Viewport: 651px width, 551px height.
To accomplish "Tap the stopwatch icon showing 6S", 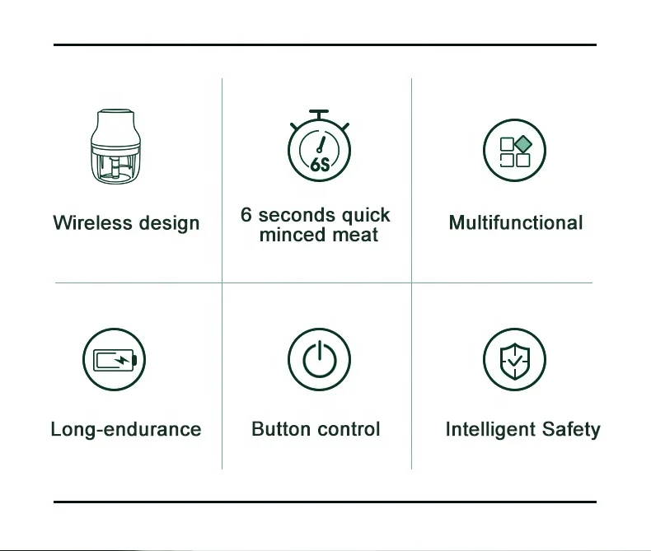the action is pyautogui.click(x=319, y=148).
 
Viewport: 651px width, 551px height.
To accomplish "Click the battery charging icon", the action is pyautogui.click(x=115, y=361).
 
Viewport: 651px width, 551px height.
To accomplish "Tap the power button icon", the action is pyautogui.click(x=319, y=361).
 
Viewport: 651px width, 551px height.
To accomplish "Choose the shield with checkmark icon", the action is pyautogui.click(x=515, y=361).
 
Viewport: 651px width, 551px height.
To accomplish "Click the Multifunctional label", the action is pyautogui.click(x=516, y=223).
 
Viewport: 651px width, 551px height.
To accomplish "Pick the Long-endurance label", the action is pyautogui.click(x=126, y=429).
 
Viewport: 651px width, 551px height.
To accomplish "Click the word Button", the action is pyautogui.click(x=279, y=429).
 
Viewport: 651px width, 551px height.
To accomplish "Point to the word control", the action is pyautogui.click(x=346, y=429).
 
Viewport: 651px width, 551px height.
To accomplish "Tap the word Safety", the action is pyautogui.click(x=571, y=429).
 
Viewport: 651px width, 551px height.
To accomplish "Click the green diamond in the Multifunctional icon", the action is pyautogui.click(x=523, y=144).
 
